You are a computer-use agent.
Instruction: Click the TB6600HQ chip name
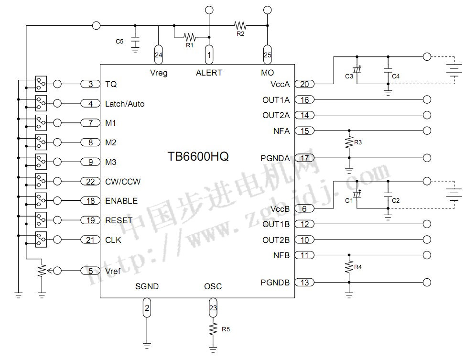197,157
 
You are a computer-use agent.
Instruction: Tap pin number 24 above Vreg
159,55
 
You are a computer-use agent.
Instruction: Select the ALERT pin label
209,73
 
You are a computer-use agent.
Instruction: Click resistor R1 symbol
190,36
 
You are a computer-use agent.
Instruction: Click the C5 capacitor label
119,42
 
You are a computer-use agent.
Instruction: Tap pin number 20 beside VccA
304,85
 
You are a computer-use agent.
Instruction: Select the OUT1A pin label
276,100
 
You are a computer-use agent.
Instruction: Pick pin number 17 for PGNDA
304,158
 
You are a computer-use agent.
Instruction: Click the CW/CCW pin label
123,182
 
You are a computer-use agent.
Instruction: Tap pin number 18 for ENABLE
90,201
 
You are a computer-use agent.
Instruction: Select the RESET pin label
119,220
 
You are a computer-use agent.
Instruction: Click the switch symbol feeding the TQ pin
41,83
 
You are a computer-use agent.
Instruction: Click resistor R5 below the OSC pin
213,329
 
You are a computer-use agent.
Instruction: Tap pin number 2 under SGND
147,308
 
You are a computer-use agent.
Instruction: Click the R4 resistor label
357,267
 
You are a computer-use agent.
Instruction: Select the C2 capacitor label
395,200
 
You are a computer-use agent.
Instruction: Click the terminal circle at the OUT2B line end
427,240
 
